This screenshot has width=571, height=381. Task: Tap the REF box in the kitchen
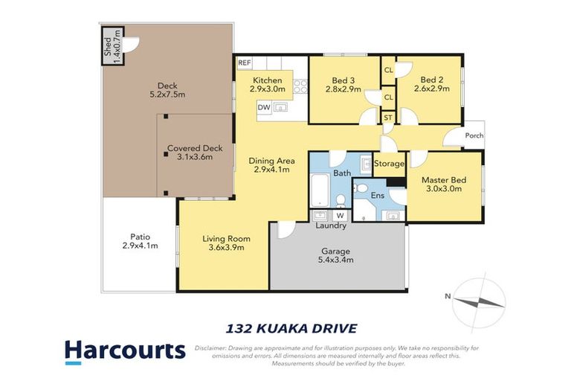(x=244, y=63)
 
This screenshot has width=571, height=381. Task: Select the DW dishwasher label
(x=263, y=108)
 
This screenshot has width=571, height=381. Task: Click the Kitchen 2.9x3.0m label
(x=268, y=85)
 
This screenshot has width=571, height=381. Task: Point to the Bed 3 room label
(x=343, y=85)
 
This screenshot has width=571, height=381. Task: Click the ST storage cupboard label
(x=388, y=118)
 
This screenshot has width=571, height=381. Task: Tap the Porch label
(x=474, y=135)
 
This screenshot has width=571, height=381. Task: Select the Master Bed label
(x=442, y=184)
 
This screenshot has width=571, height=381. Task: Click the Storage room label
(x=389, y=164)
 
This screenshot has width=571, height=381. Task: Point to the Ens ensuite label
(x=377, y=196)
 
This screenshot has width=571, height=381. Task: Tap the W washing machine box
(x=340, y=216)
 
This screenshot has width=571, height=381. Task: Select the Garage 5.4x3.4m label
(x=336, y=255)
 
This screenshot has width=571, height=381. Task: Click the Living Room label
(x=226, y=243)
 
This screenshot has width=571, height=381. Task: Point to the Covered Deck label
(x=195, y=153)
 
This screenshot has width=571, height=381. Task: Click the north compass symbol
(x=480, y=301)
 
